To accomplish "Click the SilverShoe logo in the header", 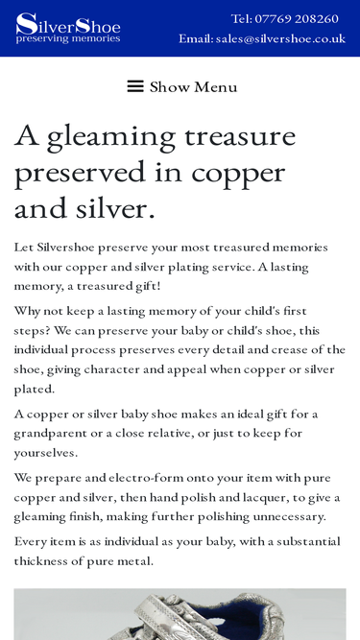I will point(67,28).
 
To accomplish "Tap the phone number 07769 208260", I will point(298,18).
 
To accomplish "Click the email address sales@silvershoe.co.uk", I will point(279,38).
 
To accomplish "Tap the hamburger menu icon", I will point(135,86).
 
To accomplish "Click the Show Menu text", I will point(193,86).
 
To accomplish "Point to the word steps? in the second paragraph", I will point(34,330).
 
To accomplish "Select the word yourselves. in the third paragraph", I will point(45,452).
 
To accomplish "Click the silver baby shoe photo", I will point(180,614).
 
